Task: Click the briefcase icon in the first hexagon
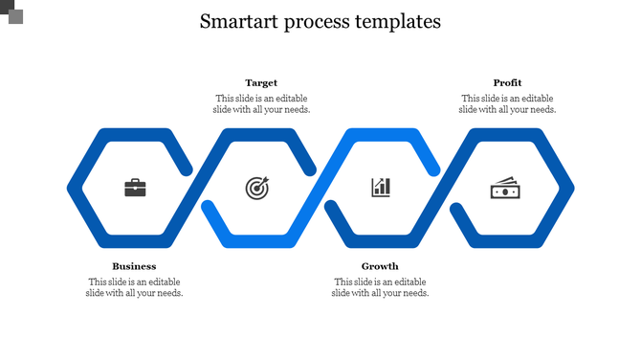(135, 188)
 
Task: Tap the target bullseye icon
(257, 188)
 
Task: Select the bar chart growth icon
(381, 187)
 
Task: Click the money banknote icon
(505, 188)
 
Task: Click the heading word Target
(261, 83)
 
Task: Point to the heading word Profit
(507, 83)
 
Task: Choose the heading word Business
(134, 266)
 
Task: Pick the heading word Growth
(380, 266)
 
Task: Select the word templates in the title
(402, 21)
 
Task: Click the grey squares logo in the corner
(11, 11)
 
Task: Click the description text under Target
(261, 103)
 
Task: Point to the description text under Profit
(507, 103)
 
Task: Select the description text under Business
(134, 287)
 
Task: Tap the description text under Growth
(380, 287)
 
